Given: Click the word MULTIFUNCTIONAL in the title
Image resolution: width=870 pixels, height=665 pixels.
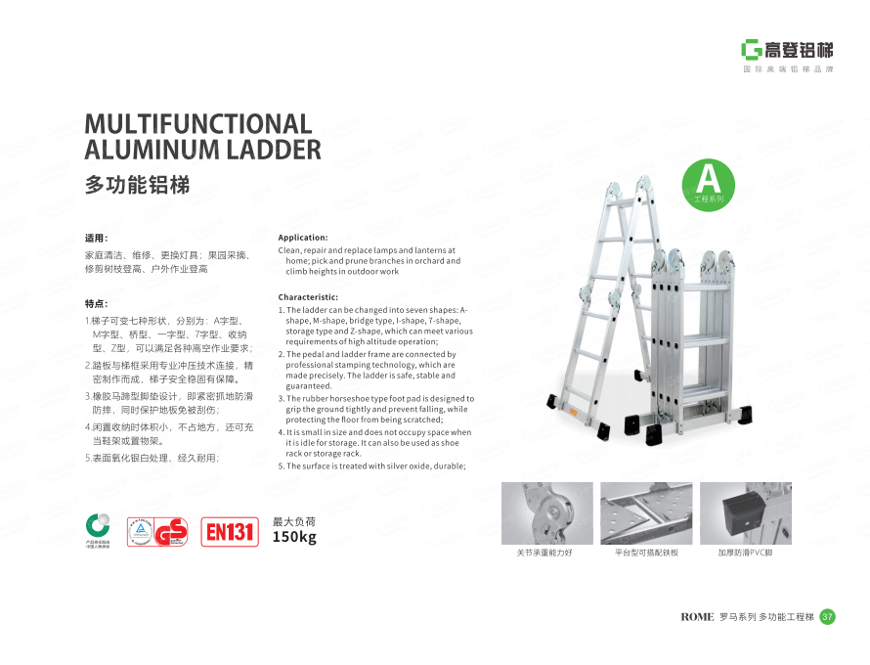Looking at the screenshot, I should (x=198, y=124).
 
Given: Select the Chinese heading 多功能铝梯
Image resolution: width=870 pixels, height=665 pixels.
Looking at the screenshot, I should (x=138, y=184).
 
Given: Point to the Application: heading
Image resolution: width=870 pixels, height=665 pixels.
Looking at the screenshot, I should (x=303, y=238).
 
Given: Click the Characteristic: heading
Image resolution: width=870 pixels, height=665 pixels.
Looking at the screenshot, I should (x=308, y=296).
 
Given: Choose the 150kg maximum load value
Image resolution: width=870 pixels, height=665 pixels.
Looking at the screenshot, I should (x=294, y=537).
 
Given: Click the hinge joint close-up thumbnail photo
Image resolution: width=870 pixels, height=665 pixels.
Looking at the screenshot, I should (x=546, y=513).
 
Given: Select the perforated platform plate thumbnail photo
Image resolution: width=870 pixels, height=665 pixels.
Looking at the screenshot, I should (x=646, y=513).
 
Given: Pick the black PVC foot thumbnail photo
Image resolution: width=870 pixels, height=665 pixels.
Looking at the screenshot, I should (x=746, y=513).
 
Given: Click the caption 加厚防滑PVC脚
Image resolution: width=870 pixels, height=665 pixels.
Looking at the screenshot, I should (x=745, y=554).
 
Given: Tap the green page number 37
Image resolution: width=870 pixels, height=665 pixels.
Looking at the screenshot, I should (x=827, y=616).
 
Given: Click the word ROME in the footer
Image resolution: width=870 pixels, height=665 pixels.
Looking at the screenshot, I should (x=697, y=617).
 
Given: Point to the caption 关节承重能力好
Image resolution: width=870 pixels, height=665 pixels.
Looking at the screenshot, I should (x=545, y=554).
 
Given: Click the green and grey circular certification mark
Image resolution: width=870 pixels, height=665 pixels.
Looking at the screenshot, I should (x=98, y=526).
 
